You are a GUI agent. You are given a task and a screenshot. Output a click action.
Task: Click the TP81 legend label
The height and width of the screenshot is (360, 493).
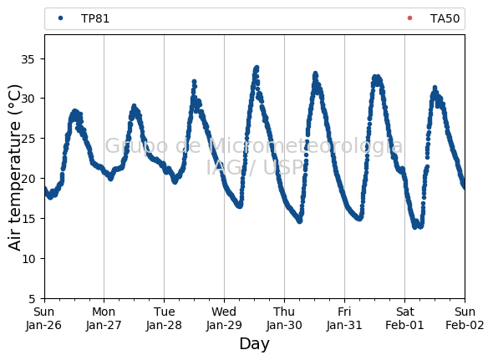click(x=95, y=18)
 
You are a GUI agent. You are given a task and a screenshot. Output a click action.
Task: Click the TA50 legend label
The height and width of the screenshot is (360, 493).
click(x=445, y=18)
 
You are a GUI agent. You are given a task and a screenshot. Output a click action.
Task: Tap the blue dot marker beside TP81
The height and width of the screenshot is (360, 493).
click(x=61, y=18)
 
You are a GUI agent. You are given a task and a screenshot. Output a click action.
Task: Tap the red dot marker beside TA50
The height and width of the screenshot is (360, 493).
click(x=409, y=18)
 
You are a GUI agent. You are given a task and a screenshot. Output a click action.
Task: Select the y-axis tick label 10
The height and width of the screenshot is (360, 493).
click(x=28, y=259)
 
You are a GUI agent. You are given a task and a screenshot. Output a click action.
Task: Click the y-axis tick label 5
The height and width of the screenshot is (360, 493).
click(x=32, y=299)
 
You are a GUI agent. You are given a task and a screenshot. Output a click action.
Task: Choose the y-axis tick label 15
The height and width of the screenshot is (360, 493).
click(x=28, y=219)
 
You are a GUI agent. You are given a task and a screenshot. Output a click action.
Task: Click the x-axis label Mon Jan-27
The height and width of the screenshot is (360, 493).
click(x=104, y=318)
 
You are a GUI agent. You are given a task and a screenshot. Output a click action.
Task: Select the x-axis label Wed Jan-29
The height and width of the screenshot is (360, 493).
click(x=224, y=318)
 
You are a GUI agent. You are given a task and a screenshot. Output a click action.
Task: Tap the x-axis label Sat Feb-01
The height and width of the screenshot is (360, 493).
click(x=404, y=318)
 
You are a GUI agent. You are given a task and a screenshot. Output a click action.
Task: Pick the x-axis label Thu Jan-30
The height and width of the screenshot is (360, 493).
click(x=284, y=318)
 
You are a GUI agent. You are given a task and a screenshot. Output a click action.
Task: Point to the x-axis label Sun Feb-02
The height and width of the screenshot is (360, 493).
click(x=465, y=318)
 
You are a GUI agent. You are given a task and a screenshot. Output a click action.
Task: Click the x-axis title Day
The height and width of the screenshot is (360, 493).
click(x=254, y=344)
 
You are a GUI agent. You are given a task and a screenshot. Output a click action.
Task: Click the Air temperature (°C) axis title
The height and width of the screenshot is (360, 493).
click(x=14, y=167)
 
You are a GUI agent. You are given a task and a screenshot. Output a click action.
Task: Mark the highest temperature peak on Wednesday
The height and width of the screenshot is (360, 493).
click(x=257, y=68)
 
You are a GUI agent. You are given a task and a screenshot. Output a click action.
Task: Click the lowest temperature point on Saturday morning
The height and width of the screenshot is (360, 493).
click(x=414, y=226)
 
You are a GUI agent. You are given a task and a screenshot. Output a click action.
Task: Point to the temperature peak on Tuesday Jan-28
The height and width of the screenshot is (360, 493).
click(x=194, y=82)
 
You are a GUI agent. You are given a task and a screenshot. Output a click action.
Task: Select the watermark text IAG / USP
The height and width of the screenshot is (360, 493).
click(x=255, y=167)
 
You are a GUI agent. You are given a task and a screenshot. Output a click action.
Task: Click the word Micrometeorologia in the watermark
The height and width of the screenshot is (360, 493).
click(x=305, y=146)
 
